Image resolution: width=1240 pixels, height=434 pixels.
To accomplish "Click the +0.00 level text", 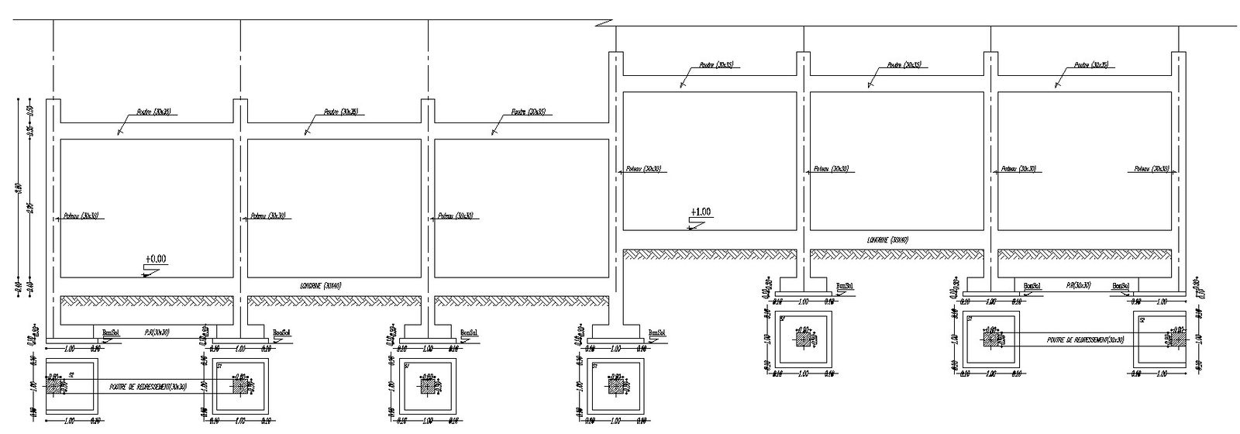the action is coord(155,259).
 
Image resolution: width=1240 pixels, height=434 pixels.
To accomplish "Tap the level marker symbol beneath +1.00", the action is coord(696,224).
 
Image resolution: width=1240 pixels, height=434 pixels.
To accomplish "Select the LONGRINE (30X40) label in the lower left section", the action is coord(320,286).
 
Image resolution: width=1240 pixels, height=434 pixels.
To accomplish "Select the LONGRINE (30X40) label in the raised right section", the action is coord(887,239).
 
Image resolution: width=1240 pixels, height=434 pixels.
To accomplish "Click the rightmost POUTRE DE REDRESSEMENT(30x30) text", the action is coord(1084,339).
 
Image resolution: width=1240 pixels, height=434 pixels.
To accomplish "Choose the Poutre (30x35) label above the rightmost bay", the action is coord(1090,65).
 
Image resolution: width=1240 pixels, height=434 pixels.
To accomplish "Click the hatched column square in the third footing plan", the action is coord(428,385).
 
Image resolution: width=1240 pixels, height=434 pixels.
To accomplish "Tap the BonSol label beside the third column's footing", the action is coord(468,333).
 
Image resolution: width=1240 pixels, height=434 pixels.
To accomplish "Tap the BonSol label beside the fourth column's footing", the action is coord(656,333).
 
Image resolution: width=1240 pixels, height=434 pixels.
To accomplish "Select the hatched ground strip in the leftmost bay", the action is coord(146,300).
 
